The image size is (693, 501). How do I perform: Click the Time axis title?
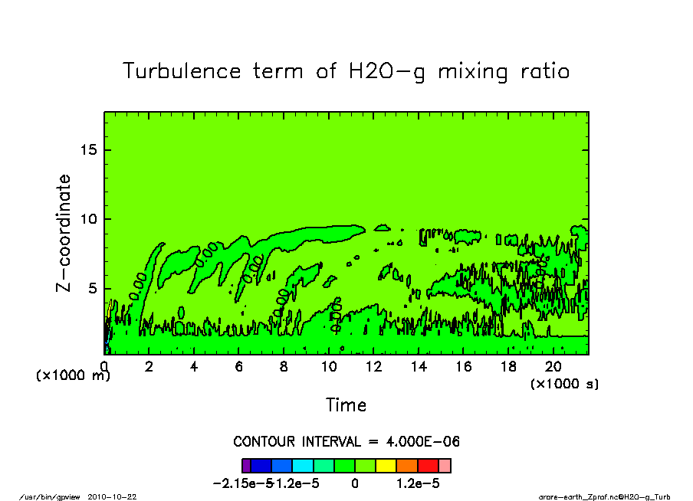tap(346, 405)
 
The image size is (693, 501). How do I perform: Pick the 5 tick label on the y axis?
tap(93, 289)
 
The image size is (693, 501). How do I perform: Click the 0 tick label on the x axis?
tap(104, 367)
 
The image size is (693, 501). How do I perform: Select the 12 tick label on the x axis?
tap(373, 367)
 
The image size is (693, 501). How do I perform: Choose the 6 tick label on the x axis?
tap(239, 367)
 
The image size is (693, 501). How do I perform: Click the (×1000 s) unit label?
tap(564, 384)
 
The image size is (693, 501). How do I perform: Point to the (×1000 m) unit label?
tap(74, 376)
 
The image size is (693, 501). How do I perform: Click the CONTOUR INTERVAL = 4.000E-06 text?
tap(346, 442)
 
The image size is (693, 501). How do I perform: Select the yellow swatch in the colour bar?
tap(386, 465)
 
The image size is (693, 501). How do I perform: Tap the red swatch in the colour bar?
tap(428, 465)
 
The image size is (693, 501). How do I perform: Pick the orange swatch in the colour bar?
tap(406, 465)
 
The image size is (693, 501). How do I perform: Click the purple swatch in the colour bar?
tap(246, 465)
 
